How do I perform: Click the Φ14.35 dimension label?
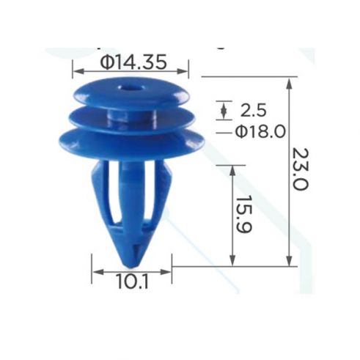[133, 62]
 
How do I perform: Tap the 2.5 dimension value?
[253, 110]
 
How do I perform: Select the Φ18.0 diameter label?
[260, 131]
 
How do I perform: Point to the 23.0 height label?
[301, 169]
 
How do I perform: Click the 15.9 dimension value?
[244, 214]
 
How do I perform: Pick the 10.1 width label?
[133, 282]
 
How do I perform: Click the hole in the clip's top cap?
[129, 88]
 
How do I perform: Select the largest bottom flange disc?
[132, 143]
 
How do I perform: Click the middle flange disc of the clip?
[132, 120]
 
